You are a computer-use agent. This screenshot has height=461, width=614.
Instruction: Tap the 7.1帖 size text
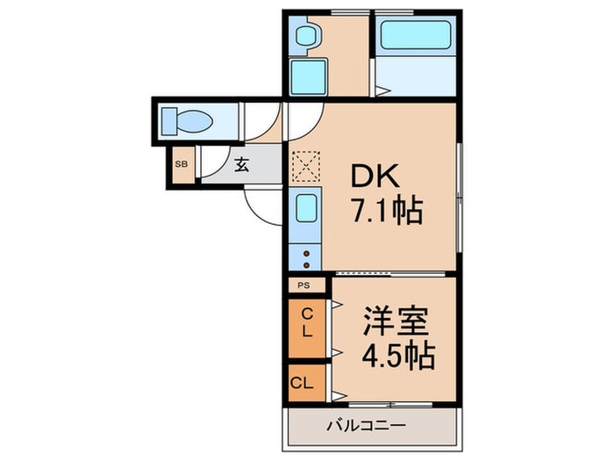click(x=387, y=212)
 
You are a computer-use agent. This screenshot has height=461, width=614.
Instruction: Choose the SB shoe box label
click(x=182, y=164)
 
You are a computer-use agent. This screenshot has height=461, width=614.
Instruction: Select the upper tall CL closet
click(x=306, y=327)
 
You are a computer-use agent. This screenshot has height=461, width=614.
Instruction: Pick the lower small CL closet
click(x=303, y=383)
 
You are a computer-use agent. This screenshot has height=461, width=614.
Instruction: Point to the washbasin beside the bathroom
click(x=307, y=36)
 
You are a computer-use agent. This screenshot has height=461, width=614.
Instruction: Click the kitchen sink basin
click(x=306, y=209)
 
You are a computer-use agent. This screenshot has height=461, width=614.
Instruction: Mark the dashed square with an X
click(x=307, y=164)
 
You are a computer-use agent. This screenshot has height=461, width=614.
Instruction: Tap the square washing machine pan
click(x=308, y=76)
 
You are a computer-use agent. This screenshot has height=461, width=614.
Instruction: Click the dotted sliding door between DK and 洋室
click(x=395, y=274)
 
